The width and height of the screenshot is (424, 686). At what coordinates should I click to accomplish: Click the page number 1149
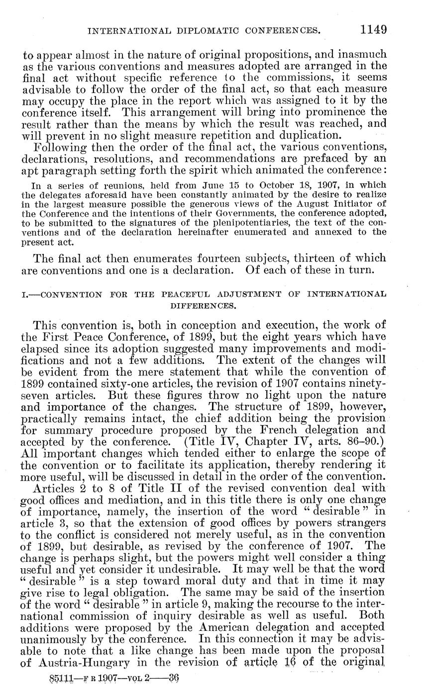pos(374,29)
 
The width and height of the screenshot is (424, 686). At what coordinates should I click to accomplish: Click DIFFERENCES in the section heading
pos(204,305)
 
